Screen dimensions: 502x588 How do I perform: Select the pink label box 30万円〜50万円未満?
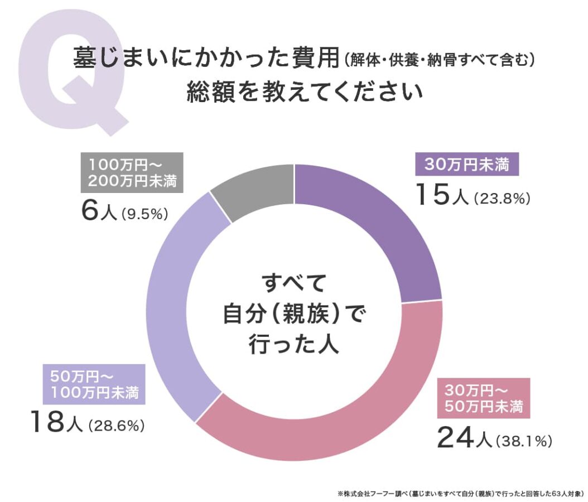pyautogui.click(x=483, y=398)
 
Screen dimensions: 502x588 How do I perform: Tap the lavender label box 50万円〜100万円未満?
pyautogui.click(x=94, y=384)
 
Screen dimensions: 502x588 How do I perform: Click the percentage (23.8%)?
pyautogui.click(x=500, y=197)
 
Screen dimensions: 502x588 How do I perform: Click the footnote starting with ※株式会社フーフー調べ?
pyautogui.click(x=460, y=493)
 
